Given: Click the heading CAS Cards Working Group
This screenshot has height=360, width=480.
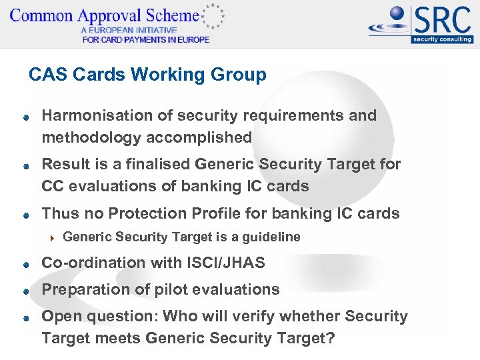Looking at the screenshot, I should point(147,75).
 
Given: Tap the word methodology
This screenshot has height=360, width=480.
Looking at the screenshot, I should point(88,137).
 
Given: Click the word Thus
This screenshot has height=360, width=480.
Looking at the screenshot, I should point(59,213).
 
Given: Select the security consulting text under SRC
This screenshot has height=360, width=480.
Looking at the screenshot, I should point(442,39).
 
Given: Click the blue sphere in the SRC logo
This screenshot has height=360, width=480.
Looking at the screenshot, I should point(399,15).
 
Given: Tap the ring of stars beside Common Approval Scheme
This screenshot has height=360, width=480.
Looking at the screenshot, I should point(213,15).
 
